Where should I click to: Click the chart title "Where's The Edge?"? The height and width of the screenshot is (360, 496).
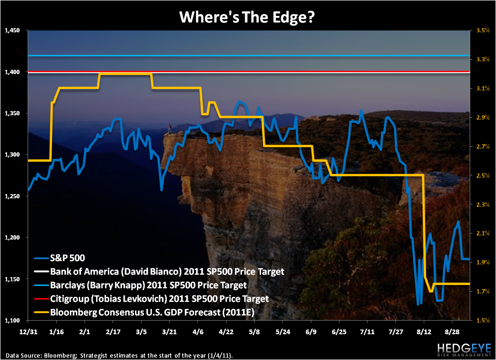(x=248, y=17)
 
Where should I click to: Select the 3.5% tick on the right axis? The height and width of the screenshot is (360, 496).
(x=483, y=30)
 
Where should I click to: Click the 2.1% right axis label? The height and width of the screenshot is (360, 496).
(x=483, y=233)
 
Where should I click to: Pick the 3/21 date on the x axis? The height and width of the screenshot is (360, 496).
(x=169, y=331)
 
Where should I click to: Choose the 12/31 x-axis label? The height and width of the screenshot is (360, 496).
(x=28, y=331)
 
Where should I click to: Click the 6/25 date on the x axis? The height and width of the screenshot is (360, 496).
(x=339, y=331)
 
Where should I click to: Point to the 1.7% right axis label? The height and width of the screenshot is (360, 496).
(x=483, y=292)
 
